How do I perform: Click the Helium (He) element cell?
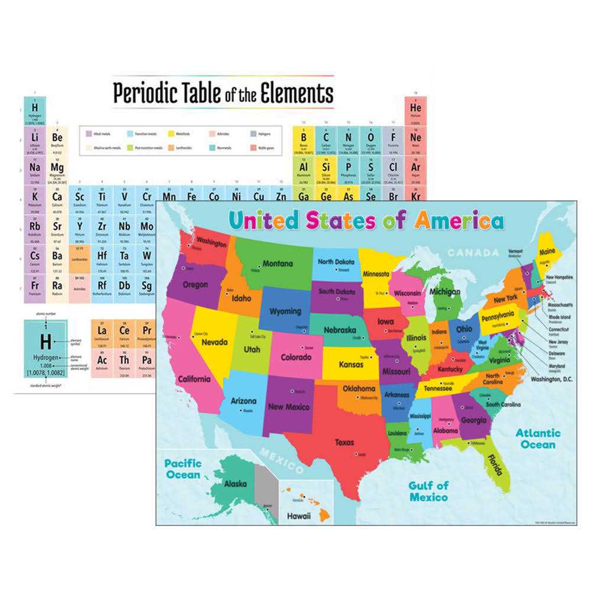(x=415, y=111)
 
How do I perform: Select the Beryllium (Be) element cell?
(x=57, y=141)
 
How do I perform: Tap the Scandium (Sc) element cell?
(x=79, y=199)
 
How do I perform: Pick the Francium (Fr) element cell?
(x=35, y=287)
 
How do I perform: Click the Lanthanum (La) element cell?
(x=102, y=333)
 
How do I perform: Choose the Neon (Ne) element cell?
(x=415, y=141)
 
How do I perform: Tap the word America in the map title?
(x=459, y=221)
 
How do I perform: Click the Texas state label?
(x=345, y=441)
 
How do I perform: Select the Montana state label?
(x=278, y=264)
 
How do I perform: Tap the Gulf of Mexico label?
(x=428, y=491)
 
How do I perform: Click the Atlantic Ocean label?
(x=537, y=439)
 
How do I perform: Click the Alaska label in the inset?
(x=235, y=483)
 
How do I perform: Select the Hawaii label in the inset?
(x=299, y=515)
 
